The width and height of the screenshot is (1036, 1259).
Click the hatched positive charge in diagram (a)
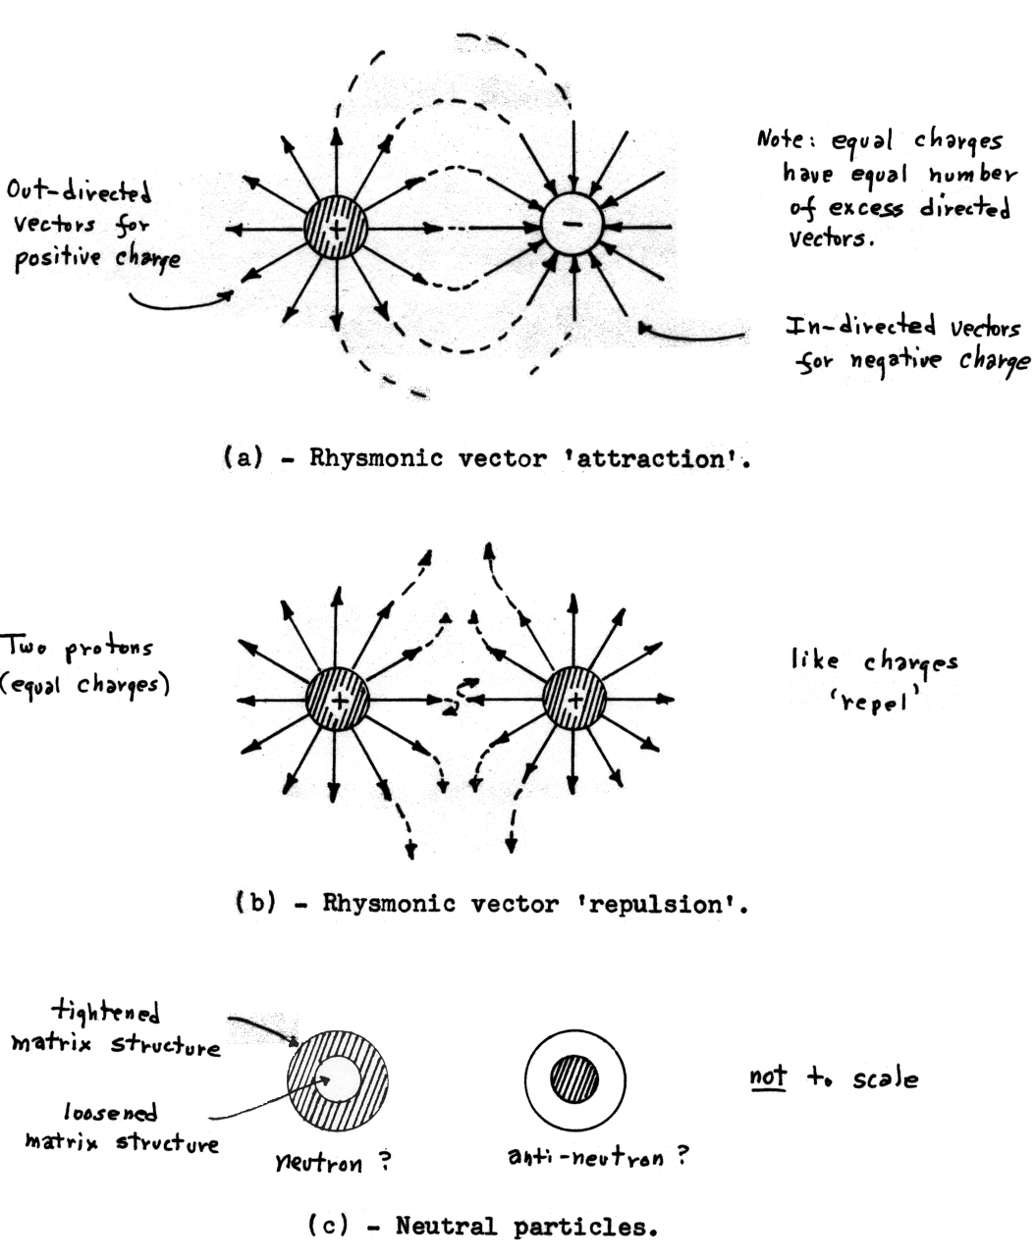tap(336, 229)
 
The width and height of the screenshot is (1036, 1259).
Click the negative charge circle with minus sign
tap(572, 224)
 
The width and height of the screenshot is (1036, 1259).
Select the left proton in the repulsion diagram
tap(337, 700)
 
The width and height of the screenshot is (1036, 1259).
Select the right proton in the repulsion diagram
tap(574, 699)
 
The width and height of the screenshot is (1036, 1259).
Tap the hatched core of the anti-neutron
tap(573, 1080)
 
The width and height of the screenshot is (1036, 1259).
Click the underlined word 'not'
tap(768, 1076)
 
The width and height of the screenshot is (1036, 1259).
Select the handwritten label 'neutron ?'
tap(334, 1164)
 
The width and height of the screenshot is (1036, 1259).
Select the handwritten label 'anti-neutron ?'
tap(596, 1157)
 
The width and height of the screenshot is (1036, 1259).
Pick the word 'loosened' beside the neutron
tap(110, 1114)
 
